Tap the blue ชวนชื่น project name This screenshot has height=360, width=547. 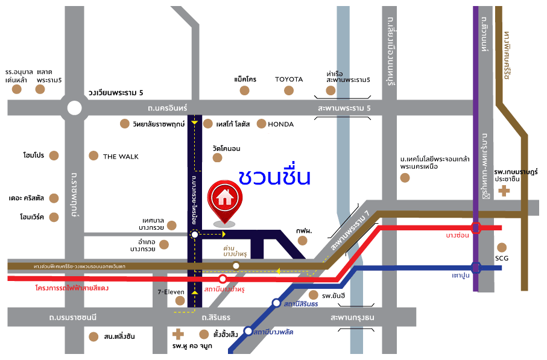274,177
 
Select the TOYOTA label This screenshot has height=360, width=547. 289,80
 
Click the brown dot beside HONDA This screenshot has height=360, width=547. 261,124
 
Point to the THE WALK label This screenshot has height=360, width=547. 121,157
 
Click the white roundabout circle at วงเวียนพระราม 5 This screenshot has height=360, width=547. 74,108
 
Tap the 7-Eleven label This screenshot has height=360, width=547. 171,292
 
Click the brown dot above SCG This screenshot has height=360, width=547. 502,247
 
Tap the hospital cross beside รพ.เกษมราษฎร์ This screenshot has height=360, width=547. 504,192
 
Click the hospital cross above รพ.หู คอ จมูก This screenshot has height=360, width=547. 177,333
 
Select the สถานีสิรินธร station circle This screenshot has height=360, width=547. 276,303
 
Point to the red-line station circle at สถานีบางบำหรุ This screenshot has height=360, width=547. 223,279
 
